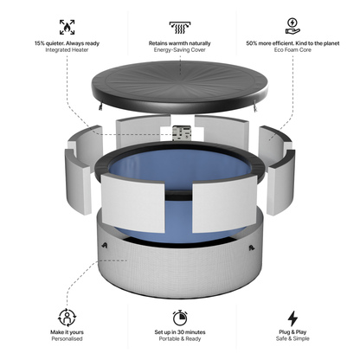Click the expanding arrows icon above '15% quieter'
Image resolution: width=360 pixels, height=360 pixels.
pos(67,26)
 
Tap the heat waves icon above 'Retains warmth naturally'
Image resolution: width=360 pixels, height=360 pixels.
pos(181,26)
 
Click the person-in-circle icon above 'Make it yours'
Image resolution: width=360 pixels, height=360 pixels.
pos(67,318)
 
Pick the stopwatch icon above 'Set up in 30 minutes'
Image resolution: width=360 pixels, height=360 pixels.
pos(181,318)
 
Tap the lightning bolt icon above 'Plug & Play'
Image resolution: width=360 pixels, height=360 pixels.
pos(292,318)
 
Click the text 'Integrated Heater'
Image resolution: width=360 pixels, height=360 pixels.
pos(67,50)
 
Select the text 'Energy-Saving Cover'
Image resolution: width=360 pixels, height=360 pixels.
pos(181,50)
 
